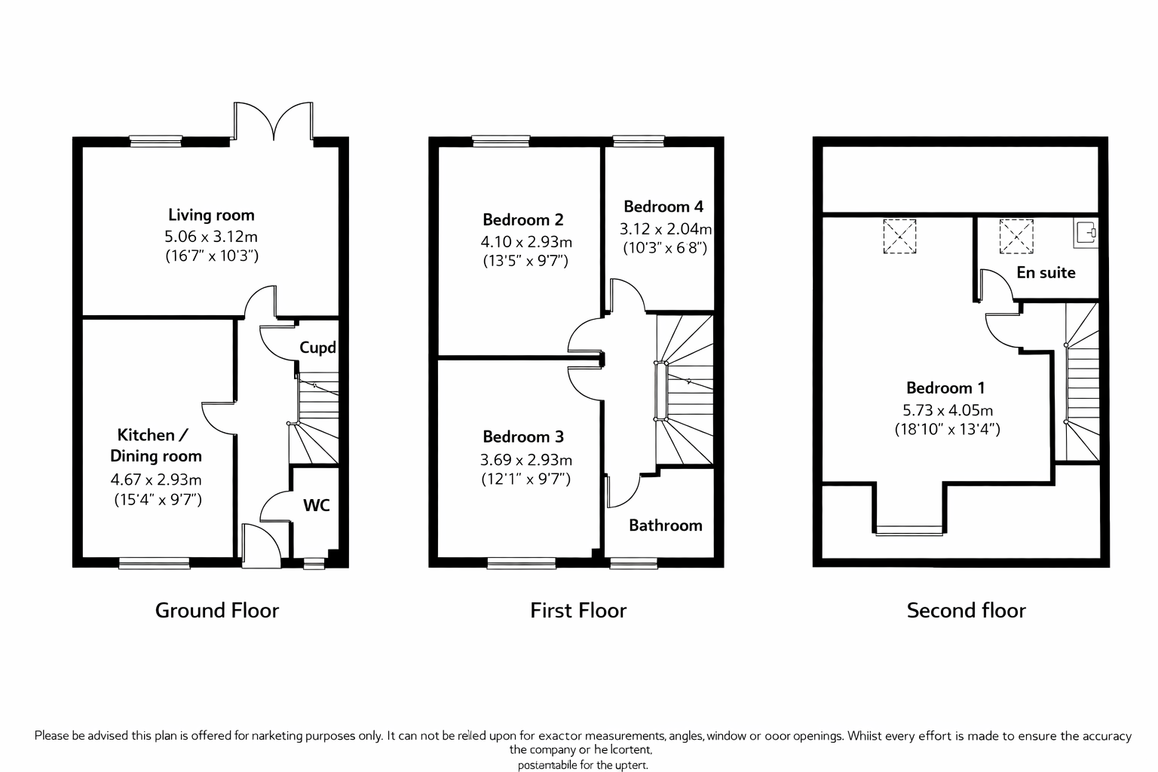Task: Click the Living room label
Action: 211,215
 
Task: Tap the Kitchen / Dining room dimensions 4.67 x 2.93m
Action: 156,479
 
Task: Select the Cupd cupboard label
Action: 317,348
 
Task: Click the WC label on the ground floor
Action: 317,505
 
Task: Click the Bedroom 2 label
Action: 523,219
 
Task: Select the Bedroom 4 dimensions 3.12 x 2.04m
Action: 666,228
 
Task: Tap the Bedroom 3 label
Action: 523,437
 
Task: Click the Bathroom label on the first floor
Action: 666,525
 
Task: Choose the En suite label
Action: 1046,272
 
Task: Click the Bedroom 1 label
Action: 945,388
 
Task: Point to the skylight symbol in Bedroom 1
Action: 899,236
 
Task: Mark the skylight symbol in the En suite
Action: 1016,236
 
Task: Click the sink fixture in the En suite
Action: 1086,234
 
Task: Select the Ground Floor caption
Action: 217,610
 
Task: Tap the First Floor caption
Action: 578,610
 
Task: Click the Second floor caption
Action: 966,610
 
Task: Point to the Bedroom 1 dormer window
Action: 909,530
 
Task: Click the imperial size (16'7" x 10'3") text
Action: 212,256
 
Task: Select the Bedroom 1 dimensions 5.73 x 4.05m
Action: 948,411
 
